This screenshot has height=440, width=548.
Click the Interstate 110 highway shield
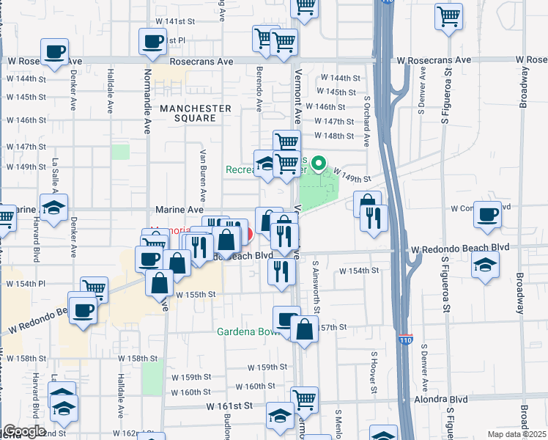(405, 340)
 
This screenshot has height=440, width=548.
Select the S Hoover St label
(373, 370)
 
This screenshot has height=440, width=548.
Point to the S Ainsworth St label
(316, 285)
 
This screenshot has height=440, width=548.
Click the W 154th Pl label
(26, 283)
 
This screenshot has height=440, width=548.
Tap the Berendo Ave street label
(259, 87)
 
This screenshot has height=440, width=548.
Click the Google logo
(25, 431)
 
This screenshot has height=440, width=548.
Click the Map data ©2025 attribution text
(517, 433)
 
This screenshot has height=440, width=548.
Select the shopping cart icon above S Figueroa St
(448, 15)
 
